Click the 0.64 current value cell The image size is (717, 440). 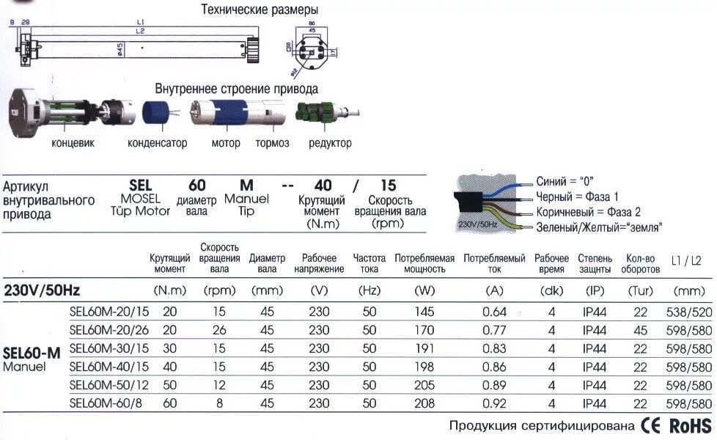pyautogui.click(x=495, y=312)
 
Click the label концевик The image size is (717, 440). pyautogui.click(x=73, y=143)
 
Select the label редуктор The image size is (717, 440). pyautogui.click(x=330, y=143)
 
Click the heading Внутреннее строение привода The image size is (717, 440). pyautogui.click(x=236, y=89)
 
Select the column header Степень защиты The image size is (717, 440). pyautogui.click(x=595, y=263)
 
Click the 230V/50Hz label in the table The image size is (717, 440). pyautogui.click(x=42, y=290)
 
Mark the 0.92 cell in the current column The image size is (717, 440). pyautogui.click(x=495, y=403)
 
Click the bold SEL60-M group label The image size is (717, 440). pyautogui.click(x=32, y=352)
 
